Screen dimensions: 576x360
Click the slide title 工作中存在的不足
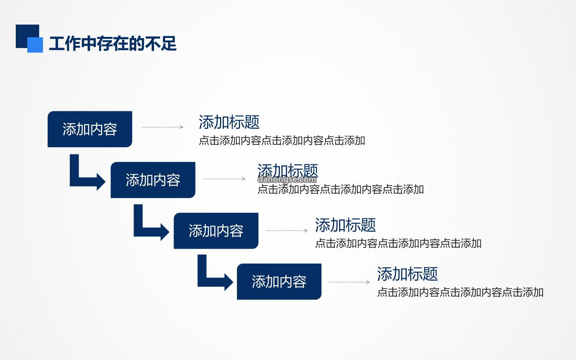113,43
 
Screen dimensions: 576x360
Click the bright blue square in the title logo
35,45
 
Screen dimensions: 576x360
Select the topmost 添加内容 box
90,129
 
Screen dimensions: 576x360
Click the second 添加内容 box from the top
153,180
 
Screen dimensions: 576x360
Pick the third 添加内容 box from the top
216,231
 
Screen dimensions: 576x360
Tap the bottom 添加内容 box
279,282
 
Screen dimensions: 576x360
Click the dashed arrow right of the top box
162,127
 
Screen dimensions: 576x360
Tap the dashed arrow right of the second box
225,179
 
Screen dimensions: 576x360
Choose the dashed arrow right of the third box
287,231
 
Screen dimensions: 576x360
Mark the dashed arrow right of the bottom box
349,282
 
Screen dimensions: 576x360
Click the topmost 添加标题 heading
229,122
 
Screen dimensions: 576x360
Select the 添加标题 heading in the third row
345,225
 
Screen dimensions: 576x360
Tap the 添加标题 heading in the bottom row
407,274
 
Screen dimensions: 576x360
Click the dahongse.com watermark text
287,179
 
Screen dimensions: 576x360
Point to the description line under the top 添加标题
282,141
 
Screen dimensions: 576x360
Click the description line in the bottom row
460,293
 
